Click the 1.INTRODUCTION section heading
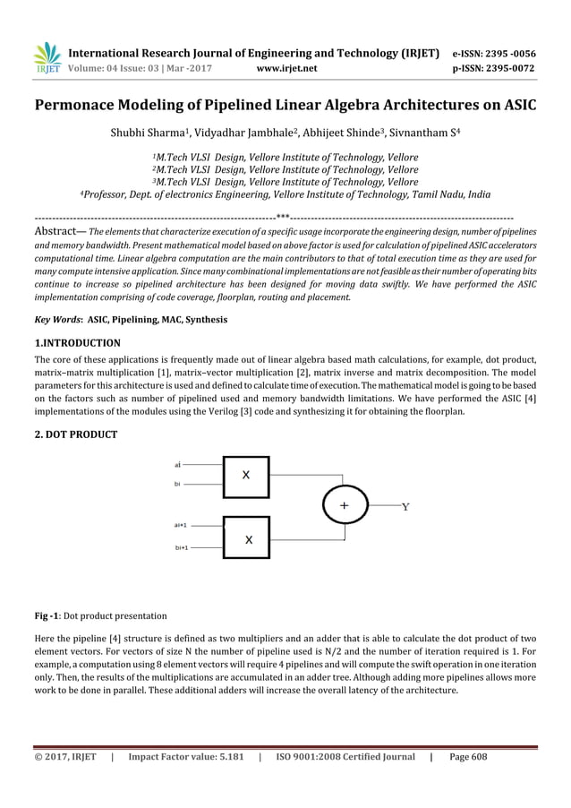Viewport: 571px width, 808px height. (x=78, y=343)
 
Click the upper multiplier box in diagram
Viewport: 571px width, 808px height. (x=245, y=476)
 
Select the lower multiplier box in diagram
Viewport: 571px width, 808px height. (x=248, y=539)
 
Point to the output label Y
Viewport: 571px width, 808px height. (x=405, y=508)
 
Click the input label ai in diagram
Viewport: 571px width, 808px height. (x=178, y=465)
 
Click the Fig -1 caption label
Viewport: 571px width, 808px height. (x=46, y=615)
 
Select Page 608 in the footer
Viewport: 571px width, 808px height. (x=468, y=757)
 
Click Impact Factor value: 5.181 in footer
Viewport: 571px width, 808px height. (x=185, y=757)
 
